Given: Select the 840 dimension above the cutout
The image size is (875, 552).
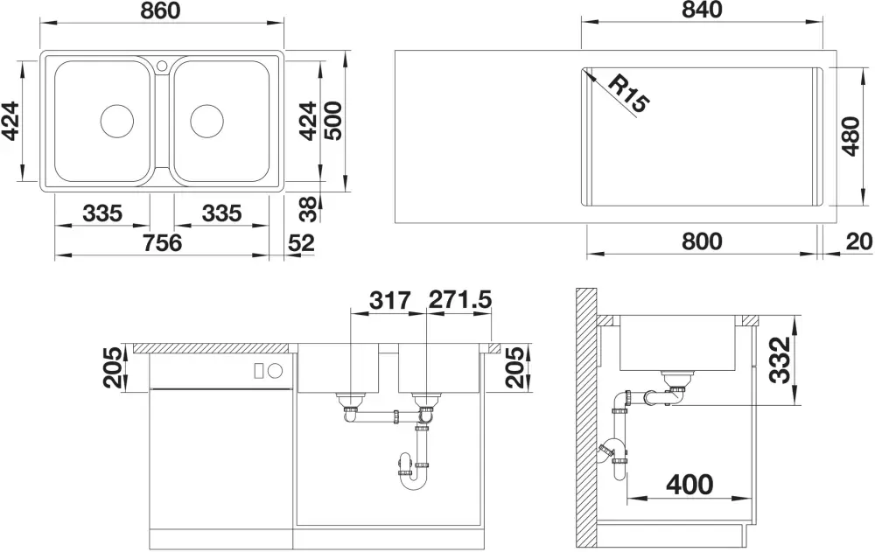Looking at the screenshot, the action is point(702,10).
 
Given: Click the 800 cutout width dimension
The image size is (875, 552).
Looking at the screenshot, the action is point(702,241).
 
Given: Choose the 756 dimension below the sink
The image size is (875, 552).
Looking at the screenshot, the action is point(163,243).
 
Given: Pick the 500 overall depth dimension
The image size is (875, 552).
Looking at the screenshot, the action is point(333,121).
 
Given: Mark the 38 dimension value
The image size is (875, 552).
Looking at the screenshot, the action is point(308,209).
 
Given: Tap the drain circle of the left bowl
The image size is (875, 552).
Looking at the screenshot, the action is point(116,121).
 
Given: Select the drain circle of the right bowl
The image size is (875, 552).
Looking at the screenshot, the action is point(206,121).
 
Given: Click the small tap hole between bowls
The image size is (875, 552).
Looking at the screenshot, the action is point(162,65).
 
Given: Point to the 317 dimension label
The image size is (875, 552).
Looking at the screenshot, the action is point(390,300).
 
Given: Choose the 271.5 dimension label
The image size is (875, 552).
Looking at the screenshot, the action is point(460,300).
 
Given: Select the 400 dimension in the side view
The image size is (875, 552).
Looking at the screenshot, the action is point(689,484).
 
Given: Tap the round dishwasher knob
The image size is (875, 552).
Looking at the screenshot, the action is point(276,370).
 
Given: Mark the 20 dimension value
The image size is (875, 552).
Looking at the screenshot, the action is point(859,241).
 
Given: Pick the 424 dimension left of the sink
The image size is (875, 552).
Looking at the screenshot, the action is point(11,121).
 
